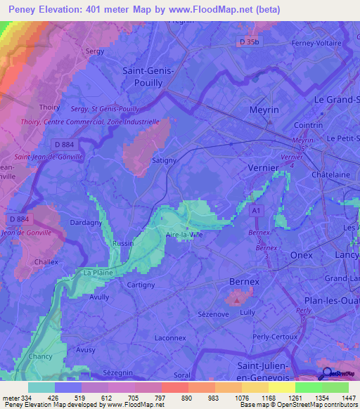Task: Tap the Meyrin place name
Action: (264, 111)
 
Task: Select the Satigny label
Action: (165, 161)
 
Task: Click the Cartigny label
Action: (141, 285)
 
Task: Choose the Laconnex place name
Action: (169, 337)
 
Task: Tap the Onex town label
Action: (301, 256)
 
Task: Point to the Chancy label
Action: (40, 356)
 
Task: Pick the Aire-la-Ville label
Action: (184, 235)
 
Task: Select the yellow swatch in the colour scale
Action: (281, 387)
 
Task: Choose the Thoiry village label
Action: (50, 108)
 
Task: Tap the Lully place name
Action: (247, 311)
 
